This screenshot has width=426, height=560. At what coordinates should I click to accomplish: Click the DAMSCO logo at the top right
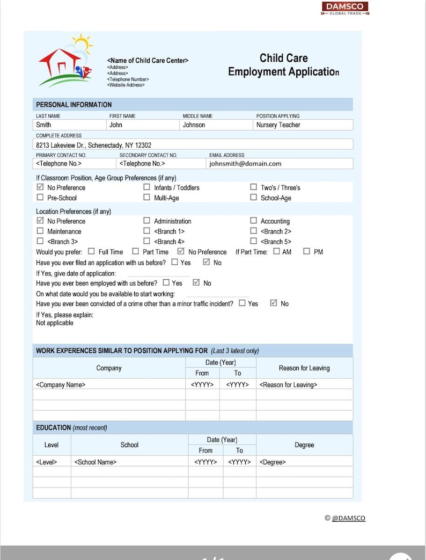[345, 8]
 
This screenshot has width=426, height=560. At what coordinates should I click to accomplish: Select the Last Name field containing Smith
[70, 125]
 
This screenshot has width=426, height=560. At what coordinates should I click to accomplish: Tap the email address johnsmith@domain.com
[245, 164]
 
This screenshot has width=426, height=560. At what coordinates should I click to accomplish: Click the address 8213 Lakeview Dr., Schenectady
[93, 145]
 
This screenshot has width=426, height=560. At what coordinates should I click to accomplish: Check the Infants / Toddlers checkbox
[146, 187]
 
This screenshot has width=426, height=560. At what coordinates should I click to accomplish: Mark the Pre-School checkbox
[40, 198]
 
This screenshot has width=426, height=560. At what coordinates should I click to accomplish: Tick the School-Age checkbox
[253, 198]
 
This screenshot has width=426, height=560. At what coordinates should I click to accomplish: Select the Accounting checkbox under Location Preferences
[253, 221]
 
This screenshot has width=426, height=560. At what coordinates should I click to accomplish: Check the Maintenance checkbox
[40, 231]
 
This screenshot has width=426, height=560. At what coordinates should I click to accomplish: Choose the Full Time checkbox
[91, 251]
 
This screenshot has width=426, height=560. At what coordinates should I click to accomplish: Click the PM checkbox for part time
[306, 251]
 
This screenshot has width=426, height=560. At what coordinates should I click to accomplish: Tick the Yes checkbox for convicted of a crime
[242, 303]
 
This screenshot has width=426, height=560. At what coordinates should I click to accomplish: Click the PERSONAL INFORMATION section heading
[74, 105]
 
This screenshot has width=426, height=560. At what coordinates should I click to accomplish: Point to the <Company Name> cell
[61, 384]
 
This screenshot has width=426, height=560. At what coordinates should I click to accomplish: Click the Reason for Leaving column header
[304, 368]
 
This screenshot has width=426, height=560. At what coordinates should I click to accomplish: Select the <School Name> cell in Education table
[96, 462]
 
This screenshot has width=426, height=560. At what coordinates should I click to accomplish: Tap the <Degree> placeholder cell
[273, 462]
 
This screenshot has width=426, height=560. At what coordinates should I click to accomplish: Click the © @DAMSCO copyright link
[345, 518]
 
